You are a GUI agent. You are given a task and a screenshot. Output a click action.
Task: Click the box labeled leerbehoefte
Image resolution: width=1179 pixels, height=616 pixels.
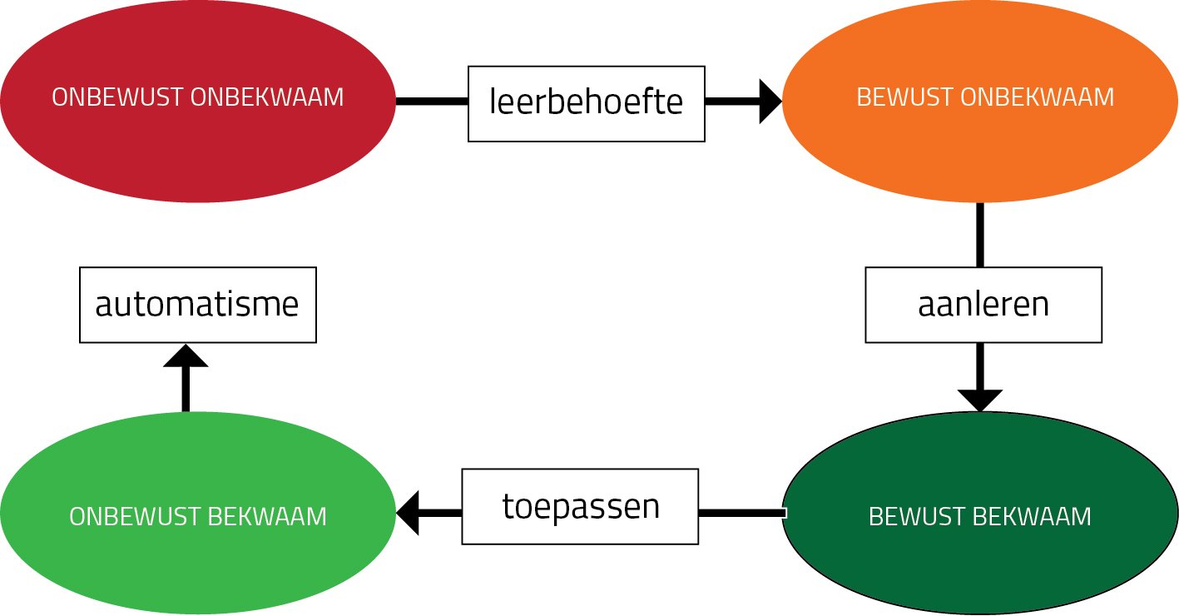click(587, 103)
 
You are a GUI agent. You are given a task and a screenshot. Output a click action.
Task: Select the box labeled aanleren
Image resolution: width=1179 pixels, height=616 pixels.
click(983, 305)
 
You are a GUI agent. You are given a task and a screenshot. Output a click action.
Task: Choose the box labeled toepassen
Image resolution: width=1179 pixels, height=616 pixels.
click(580, 506)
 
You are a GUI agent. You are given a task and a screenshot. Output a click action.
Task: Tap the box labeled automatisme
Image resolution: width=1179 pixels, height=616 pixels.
click(197, 305)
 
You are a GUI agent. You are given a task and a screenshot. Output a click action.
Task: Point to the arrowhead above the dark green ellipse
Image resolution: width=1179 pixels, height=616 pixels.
click(980, 400)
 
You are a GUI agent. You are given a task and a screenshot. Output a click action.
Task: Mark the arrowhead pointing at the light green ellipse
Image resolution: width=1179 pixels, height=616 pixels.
click(409, 512)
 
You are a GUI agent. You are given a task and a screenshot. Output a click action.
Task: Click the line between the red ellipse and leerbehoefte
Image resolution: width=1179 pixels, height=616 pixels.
click(432, 102)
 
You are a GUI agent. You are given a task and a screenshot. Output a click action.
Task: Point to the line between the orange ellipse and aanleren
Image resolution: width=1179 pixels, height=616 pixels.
click(980, 235)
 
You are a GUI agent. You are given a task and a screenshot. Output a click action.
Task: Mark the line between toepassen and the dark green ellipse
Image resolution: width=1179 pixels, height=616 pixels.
click(741, 513)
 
